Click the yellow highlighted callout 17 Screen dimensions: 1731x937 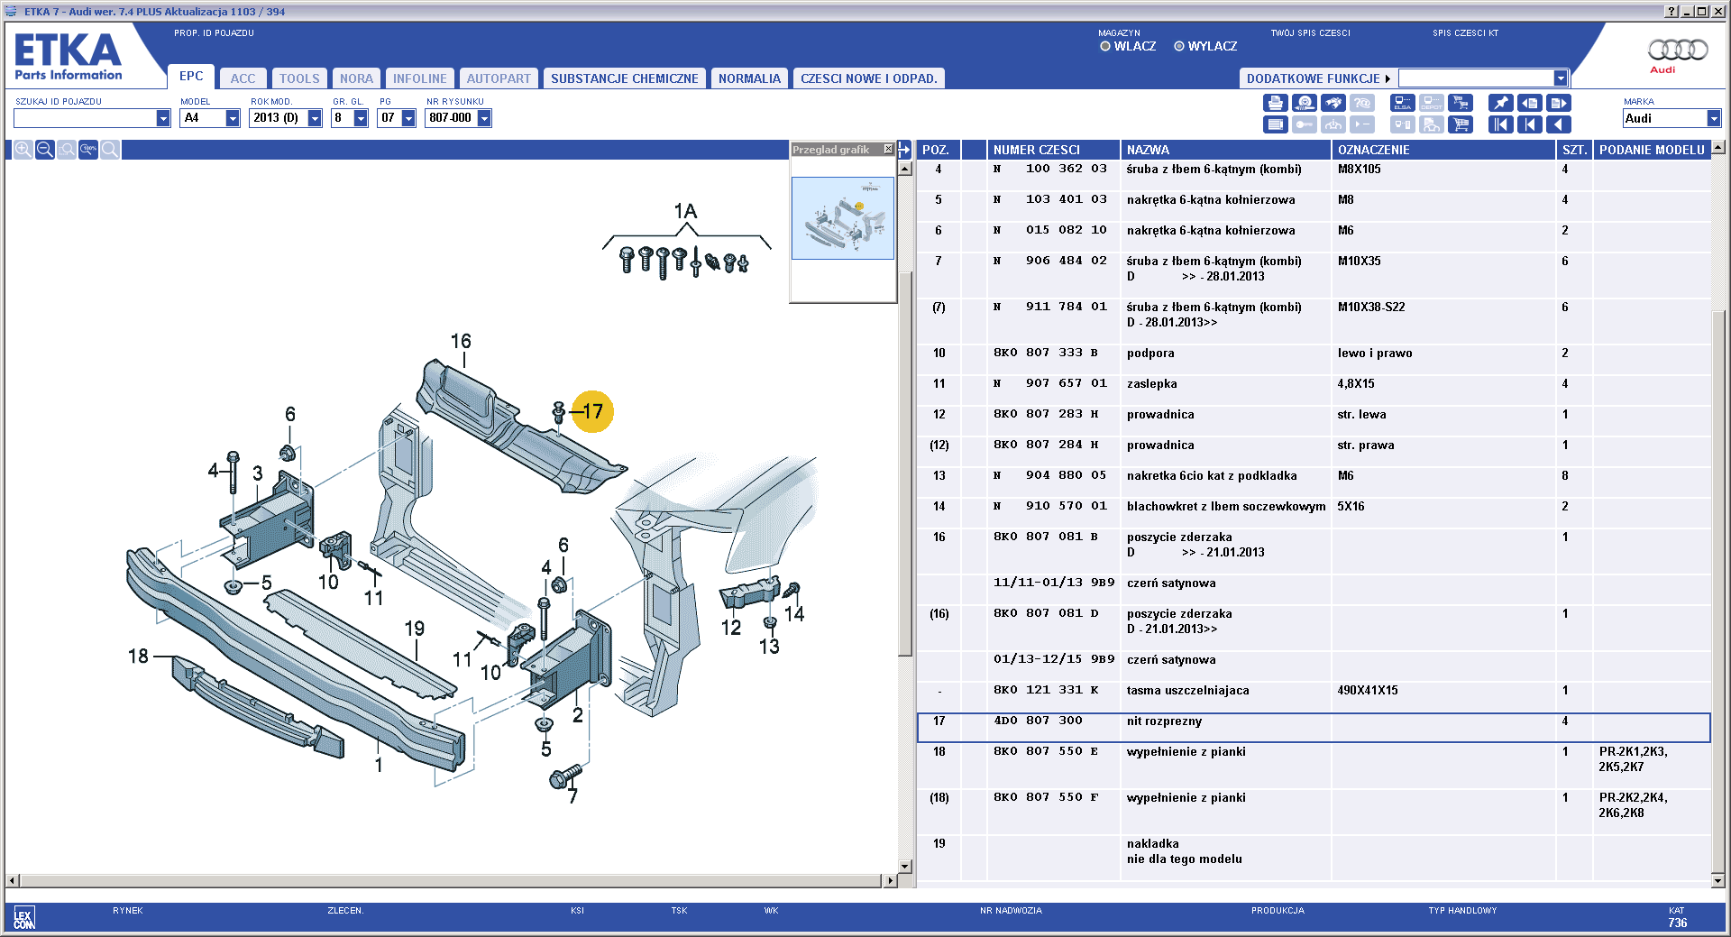pos(592,411)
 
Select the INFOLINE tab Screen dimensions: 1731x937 pos(419,78)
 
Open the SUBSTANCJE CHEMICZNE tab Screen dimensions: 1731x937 pos(624,78)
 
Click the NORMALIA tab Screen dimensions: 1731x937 pos(749,78)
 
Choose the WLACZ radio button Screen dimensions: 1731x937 pos(1105,46)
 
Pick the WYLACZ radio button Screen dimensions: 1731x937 pos(1179,46)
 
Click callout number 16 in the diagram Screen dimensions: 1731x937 pos(461,341)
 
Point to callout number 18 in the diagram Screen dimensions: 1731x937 pos(138,656)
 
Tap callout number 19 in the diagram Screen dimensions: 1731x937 pos(415,629)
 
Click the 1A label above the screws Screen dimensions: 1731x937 pos(685,211)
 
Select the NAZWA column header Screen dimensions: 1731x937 pos(1148,150)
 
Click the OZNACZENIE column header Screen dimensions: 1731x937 pos(1373,150)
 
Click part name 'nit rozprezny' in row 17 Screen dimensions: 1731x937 pos(1164,721)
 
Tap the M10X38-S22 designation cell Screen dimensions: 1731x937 pos(1371,307)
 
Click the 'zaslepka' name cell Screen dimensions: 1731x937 pos(1151,383)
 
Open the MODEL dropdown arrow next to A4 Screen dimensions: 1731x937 pos(233,118)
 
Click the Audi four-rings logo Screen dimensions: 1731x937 pos(1678,49)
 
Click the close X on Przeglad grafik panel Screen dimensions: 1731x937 pos(888,149)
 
